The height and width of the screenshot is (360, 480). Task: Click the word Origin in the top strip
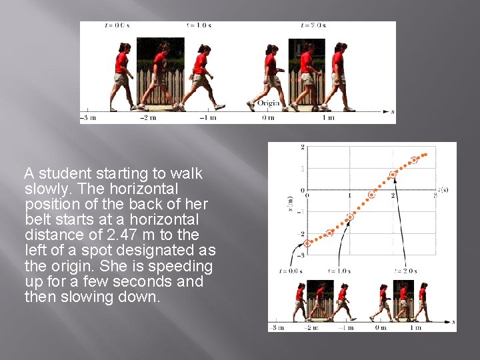[x=268, y=103]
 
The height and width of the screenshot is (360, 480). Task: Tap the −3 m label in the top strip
[x=88, y=118]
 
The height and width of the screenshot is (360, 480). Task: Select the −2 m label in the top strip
[x=149, y=118]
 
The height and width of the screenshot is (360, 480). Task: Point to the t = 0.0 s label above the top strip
[x=118, y=25]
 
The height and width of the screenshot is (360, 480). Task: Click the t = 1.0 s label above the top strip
[x=199, y=25]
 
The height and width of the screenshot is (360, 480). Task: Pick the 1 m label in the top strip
[x=329, y=118]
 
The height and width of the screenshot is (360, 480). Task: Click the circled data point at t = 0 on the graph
[x=307, y=243]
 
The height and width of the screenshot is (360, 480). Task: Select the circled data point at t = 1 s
[x=350, y=217]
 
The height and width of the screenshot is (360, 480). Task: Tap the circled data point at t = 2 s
[x=393, y=175]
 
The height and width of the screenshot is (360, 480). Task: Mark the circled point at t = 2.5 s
[x=414, y=160]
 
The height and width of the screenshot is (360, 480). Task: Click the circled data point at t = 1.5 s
[x=371, y=195]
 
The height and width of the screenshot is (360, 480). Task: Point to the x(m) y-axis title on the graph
[x=291, y=201]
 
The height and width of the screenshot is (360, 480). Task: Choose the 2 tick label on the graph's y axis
[x=303, y=147]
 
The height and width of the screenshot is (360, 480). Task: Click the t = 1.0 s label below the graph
[x=339, y=271]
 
